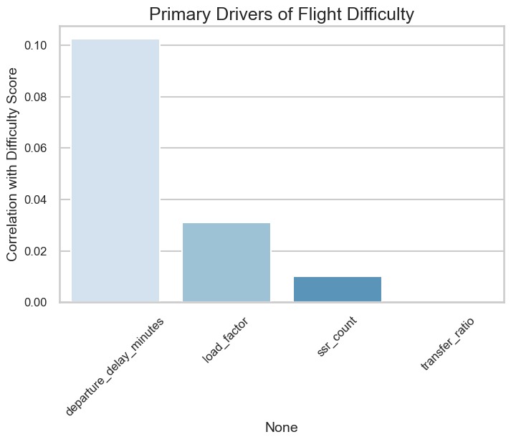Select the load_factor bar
click(x=226, y=263)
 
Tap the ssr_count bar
click(x=338, y=289)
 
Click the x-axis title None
click(x=282, y=427)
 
